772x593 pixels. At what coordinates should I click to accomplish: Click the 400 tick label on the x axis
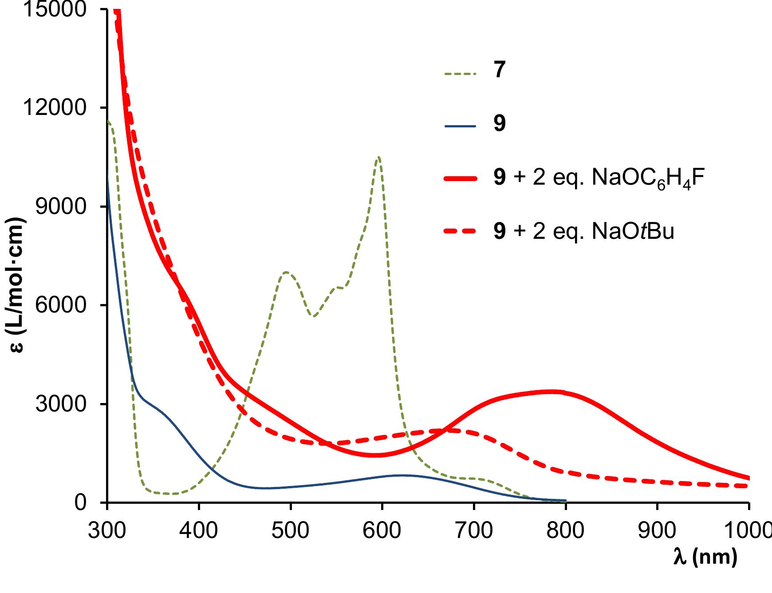coord(198,530)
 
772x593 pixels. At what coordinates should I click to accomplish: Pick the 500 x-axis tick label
coord(290,530)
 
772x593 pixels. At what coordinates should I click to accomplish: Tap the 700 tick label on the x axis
coord(474,530)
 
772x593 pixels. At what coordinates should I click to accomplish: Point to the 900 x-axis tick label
coord(657,530)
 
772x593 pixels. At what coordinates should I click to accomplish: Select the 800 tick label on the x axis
coord(565,530)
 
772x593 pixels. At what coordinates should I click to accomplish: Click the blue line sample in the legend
coord(460,126)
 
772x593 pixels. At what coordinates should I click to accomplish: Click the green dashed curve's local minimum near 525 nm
coord(314,316)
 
